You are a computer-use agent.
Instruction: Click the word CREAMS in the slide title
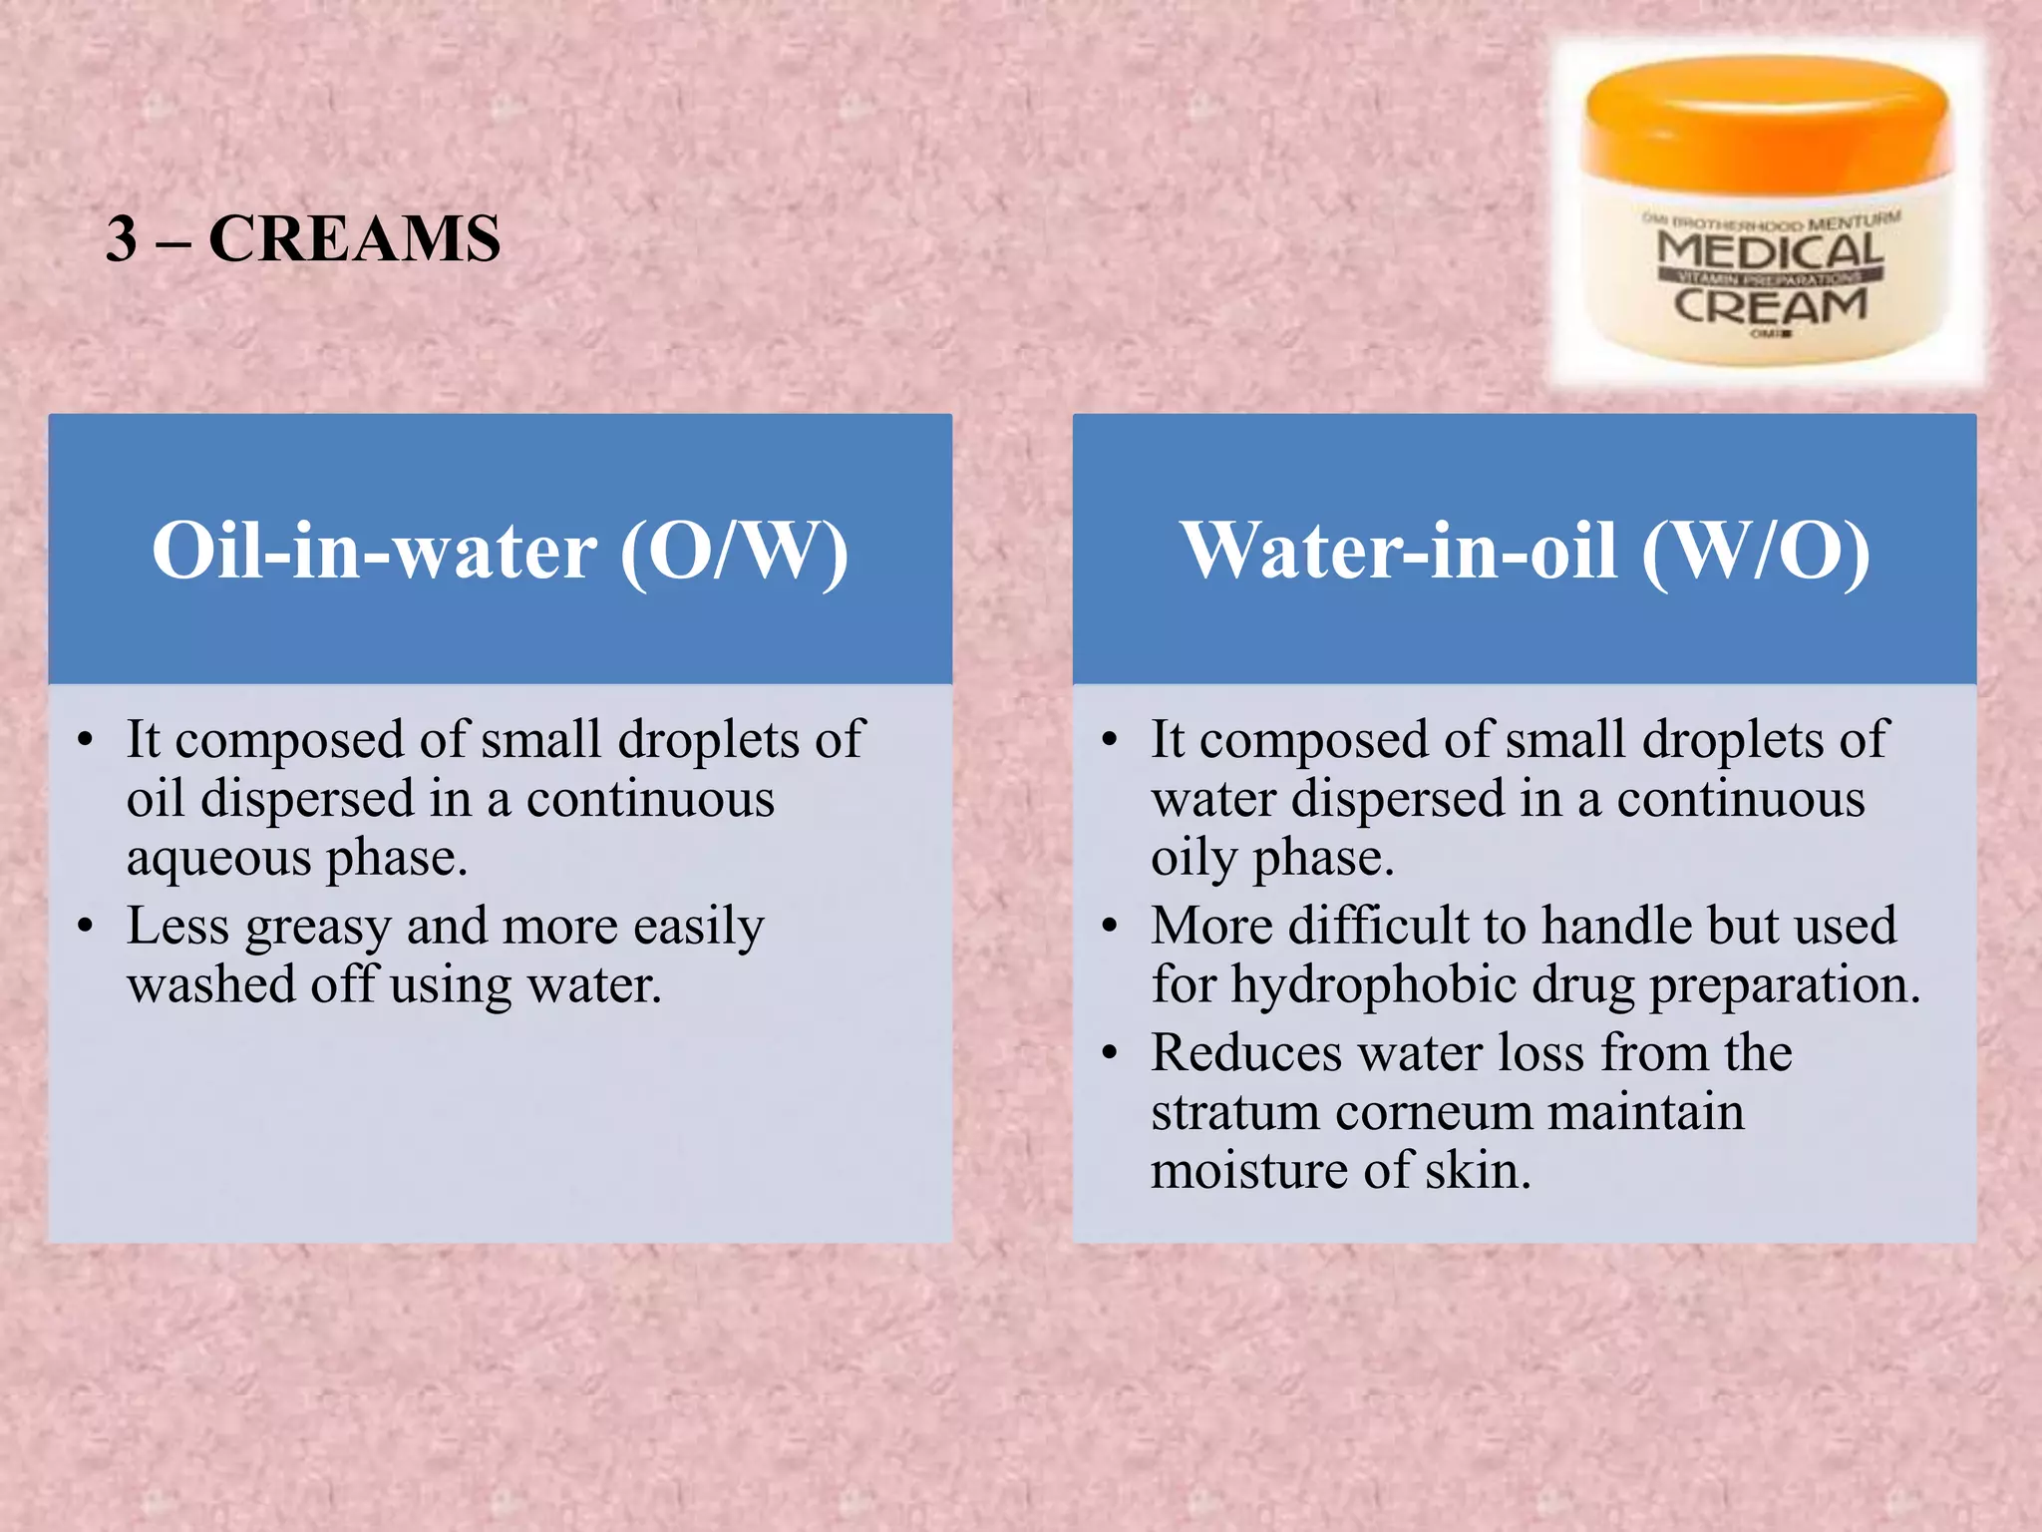[x=354, y=239]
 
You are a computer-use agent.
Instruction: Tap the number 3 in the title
[x=122, y=239]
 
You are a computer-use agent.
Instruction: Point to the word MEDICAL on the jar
[x=1770, y=249]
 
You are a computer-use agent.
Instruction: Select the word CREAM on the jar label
[x=1770, y=306]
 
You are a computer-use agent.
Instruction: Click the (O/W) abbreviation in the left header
[x=734, y=551]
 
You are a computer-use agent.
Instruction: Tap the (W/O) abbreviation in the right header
[x=1756, y=551]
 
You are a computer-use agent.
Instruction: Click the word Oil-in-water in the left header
[x=374, y=551]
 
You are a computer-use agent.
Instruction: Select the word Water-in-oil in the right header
[x=1398, y=551]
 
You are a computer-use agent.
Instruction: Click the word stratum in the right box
[x=1234, y=1112]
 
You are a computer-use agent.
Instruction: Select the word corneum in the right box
[x=1433, y=1112]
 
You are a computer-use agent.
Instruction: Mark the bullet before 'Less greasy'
[x=87, y=928]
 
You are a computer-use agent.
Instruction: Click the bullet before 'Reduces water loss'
[x=1111, y=1054]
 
